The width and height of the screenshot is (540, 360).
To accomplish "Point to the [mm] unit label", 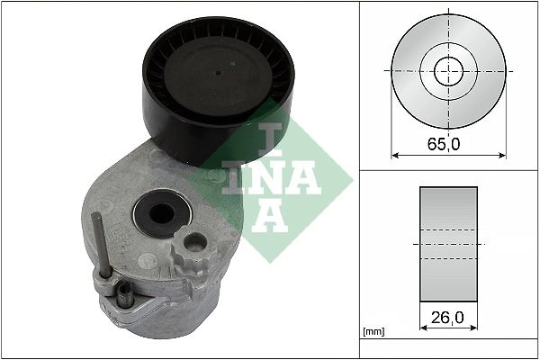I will pos(373,332).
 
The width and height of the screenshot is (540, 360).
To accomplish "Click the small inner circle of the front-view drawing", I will pos(447,70).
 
